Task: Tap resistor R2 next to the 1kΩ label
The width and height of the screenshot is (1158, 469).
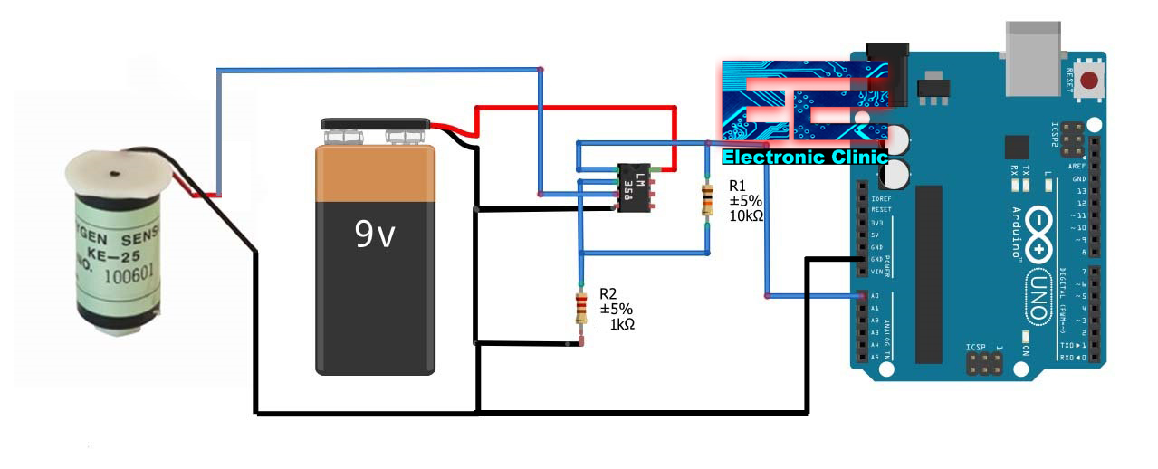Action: click(580, 309)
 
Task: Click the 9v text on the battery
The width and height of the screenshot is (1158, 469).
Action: click(375, 234)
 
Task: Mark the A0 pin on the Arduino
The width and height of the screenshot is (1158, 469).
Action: click(861, 296)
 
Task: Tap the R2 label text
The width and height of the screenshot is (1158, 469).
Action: click(608, 294)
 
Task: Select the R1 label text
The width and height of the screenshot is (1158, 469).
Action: click(738, 186)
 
